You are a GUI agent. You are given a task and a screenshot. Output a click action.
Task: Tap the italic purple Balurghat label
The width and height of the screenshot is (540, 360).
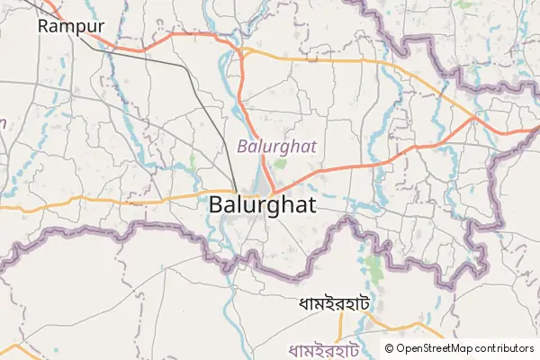click(x=277, y=145)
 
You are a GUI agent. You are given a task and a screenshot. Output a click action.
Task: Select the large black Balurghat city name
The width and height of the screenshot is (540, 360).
click(x=262, y=205)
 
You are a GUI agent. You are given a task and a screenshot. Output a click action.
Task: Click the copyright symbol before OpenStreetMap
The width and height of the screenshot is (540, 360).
click(x=390, y=348)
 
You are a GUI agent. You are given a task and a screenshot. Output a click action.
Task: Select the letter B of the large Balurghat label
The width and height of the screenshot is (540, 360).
click(x=216, y=205)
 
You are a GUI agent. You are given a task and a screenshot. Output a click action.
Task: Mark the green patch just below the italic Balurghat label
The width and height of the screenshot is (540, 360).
click(x=280, y=164)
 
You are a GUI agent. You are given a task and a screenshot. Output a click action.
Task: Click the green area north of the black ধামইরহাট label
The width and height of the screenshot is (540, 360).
click(x=373, y=267)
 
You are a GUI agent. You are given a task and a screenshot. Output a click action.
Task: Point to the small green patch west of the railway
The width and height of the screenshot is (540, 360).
click(x=193, y=163)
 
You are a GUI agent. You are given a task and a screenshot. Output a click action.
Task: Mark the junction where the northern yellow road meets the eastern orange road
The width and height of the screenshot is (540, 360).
click(x=475, y=118)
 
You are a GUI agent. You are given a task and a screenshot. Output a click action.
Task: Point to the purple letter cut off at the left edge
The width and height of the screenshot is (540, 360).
click(x=3, y=123)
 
